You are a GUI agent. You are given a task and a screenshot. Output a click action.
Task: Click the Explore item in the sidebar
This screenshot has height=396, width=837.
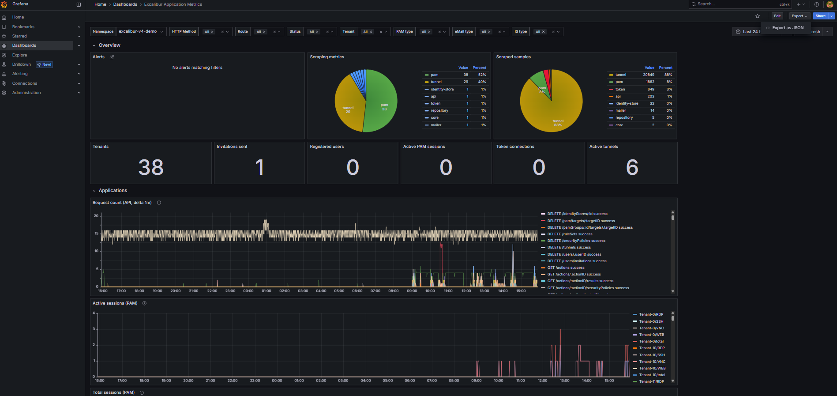pos(19,55)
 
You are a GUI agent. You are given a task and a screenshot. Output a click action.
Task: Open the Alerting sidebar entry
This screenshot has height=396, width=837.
pos(20,74)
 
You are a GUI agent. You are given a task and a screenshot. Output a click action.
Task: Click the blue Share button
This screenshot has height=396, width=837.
pos(820,16)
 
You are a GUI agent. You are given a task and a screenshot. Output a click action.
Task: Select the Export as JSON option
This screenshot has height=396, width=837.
pos(788,28)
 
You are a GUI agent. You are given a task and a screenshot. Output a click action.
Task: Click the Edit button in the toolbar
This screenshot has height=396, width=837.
pos(777,16)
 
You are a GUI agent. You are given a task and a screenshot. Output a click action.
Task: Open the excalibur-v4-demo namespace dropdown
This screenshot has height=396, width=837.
pos(141,32)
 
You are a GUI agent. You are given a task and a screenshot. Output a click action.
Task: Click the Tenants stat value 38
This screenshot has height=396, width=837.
pos(151,167)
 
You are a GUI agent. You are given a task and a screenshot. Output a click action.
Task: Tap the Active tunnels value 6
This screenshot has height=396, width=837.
pos(632,167)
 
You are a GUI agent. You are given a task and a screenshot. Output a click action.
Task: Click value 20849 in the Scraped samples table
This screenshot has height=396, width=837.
pos(648,75)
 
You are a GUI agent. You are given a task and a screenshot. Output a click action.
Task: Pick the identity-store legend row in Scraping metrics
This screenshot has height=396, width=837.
pos(442,89)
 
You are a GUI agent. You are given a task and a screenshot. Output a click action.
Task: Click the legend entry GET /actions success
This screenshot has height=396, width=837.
pos(566,268)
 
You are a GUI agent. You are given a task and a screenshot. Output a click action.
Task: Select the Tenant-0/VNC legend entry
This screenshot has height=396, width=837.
pos(651,328)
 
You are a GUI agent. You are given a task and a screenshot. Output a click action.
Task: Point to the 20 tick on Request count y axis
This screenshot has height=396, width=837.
pos(96,216)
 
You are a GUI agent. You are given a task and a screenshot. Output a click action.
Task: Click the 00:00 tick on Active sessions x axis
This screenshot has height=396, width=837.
pos(277,381)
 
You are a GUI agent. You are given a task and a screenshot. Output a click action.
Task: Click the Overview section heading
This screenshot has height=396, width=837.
pos(109,45)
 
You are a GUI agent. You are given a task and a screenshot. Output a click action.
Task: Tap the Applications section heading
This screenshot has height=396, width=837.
pos(113,191)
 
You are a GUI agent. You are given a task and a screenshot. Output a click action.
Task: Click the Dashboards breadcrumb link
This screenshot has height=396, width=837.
pos(125,4)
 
